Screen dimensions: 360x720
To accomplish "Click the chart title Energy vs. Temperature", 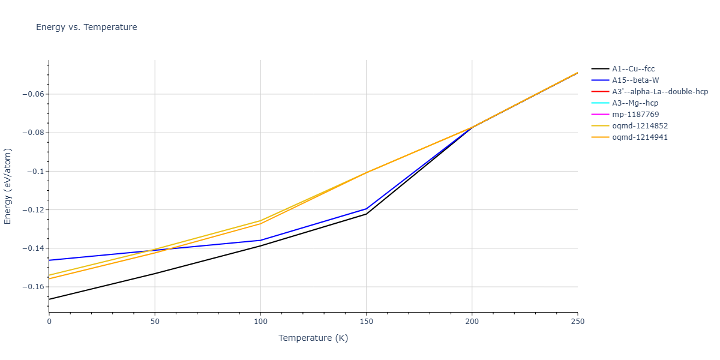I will (x=86, y=27).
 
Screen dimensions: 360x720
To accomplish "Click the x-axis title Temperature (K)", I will (x=313, y=338).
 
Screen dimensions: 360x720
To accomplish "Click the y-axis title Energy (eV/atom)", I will (x=8, y=187).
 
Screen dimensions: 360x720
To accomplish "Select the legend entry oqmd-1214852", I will (x=640, y=126).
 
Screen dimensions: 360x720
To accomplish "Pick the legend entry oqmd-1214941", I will (x=640, y=137).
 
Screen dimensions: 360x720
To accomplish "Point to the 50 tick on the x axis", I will (x=155, y=322).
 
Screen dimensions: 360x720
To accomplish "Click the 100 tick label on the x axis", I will (x=260, y=322).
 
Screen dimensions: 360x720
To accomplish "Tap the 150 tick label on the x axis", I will (x=366, y=322).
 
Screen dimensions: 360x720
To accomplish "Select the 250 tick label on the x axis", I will (x=577, y=322).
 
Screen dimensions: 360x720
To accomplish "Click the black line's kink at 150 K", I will (x=366, y=214).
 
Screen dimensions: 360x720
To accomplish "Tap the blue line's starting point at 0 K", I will (x=49, y=260).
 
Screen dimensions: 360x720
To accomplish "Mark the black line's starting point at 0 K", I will (x=49, y=299).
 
